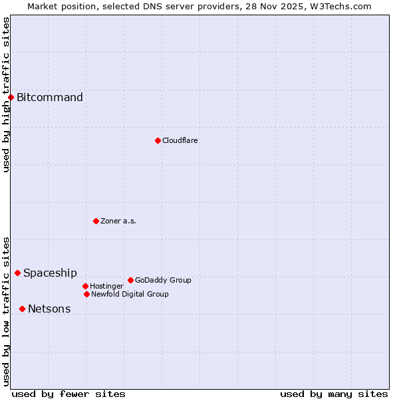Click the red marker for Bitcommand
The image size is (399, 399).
pyautogui.click(x=11, y=98)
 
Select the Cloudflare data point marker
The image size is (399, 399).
pyautogui.click(x=158, y=140)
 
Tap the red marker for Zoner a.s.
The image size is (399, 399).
pyautogui.click(x=96, y=221)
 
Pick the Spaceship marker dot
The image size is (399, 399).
pyautogui.click(x=17, y=273)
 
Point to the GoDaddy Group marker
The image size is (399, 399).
pyautogui.click(x=130, y=280)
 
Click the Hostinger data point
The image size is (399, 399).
pyautogui.click(x=85, y=286)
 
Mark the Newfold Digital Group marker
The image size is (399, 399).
pyautogui.click(x=86, y=294)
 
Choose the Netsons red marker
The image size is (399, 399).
pyautogui.click(x=22, y=309)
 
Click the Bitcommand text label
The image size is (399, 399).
pyautogui.click(x=50, y=98)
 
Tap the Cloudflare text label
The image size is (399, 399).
pyautogui.click(x=180, y=140)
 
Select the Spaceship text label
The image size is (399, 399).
pyautogui.click(x=50, y=273)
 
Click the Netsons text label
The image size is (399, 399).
pyautogui.click(x=49, y=309)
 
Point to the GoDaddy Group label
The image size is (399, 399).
pyautogui.click(x=163, y=280)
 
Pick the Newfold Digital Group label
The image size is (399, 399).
pyautogui.click(x=130, y=294)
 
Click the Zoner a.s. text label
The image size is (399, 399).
pyautogui.click(x=118, y=221)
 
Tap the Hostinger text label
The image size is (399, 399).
pyautogui.click(x=106, y=286)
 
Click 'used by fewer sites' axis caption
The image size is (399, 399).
pyautogui.click(x=68, y=394)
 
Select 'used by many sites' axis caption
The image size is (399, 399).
pyautogui.click(x=334, y=394)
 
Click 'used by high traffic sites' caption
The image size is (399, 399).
pyautogui.click(x=6, y=94)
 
